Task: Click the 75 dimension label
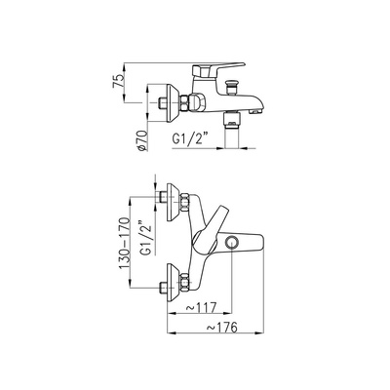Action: click(118, 80)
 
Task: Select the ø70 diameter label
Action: click(143, 140)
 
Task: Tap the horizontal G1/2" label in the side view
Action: click(190, 138)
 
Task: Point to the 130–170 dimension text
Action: click(125, 243)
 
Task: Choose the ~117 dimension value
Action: click(201, 307)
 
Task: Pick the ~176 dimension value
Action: click(222, 328)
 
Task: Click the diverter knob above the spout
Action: click(231, 87)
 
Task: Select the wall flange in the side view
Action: click(172, 103)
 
